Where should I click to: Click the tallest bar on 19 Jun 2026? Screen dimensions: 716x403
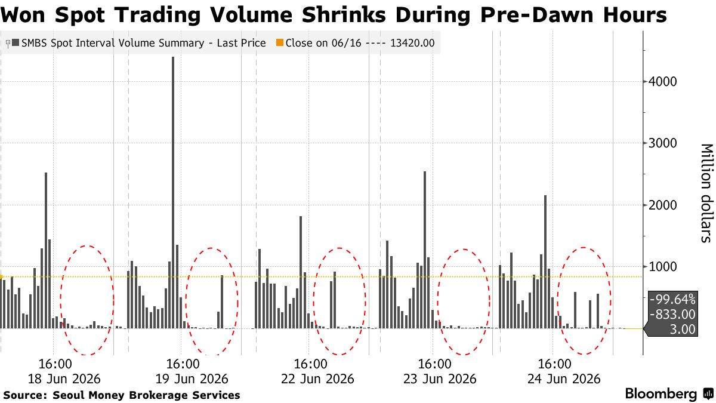(173, 192)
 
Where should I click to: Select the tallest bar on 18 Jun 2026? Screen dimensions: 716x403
(46, 250)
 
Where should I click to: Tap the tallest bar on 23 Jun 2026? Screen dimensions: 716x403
(425, 250)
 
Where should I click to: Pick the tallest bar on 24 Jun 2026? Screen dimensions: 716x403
(545, 262)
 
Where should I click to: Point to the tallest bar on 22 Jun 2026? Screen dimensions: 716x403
(301, 272)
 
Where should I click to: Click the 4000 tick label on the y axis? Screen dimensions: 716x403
(663, 82)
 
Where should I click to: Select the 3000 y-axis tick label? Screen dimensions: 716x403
(663, 143)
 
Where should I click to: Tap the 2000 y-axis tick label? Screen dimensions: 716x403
(663, 205)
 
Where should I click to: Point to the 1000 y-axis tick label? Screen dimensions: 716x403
(663, 266)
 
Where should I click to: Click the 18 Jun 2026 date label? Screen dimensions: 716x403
(64, 379)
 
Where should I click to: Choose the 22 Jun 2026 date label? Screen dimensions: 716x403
(317, 379)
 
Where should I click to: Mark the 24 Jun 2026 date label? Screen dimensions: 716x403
(564, 379)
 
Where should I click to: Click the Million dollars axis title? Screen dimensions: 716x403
(707, 193)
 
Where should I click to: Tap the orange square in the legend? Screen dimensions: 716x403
(280, 42)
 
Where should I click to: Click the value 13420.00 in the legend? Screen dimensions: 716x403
(412, 43)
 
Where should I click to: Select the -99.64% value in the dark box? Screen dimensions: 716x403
(672, 299)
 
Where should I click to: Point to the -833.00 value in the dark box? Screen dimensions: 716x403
(672, 315)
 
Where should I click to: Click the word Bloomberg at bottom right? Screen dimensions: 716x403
(661, 393)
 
